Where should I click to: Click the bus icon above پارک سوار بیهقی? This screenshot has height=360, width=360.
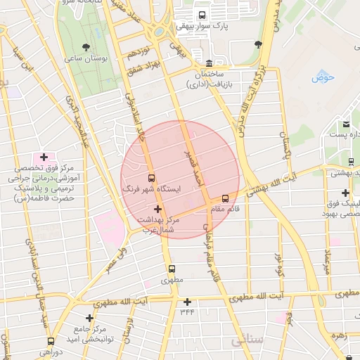click(203, 15)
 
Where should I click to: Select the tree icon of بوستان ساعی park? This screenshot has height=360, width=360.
click(86, 47)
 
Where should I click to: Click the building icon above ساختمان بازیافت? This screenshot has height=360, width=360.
click(209, 62)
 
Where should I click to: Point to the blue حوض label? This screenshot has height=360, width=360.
click(323, 76)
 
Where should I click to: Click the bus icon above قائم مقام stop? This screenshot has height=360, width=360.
click(225, 198)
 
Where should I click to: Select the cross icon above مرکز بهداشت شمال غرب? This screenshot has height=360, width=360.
click(157, 209)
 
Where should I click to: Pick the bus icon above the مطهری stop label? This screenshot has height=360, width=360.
click(172, 269)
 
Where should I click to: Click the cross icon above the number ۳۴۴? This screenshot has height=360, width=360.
click(187, 302)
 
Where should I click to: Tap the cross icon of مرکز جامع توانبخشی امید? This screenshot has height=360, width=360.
click(89, 318)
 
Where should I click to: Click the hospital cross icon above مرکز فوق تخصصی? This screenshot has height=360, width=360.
click(44, 157)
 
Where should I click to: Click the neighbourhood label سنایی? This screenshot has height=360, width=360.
click(246, 340)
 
